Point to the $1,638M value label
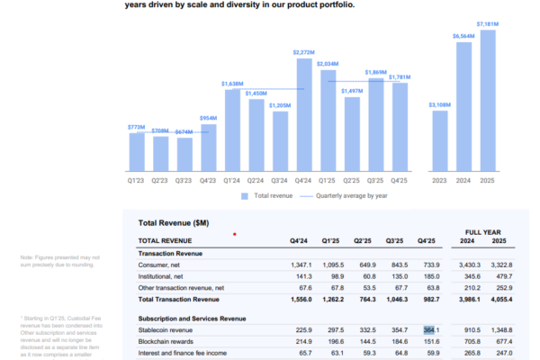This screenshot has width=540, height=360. [x=232, y=84]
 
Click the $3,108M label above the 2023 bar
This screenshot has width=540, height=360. [x=439, y=105]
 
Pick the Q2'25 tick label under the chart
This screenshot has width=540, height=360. [x=352, y=179]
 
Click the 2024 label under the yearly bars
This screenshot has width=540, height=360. [x=464, y=179]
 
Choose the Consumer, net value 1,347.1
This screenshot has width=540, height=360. [x=300, y=265]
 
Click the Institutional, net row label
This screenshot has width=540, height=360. [x=160, y=276]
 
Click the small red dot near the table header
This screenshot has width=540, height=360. [x=235, y=234]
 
